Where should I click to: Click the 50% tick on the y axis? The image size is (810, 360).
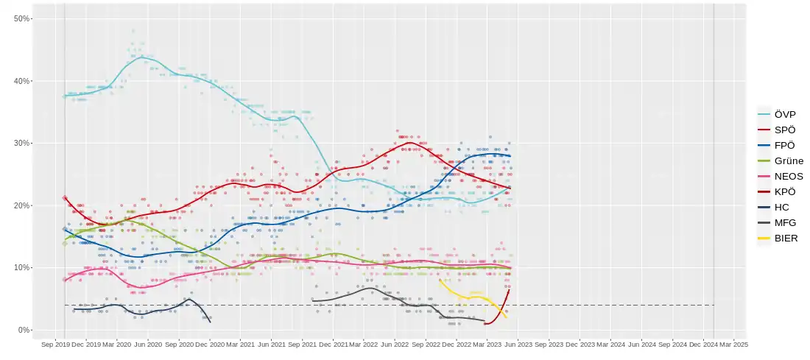point(22,18)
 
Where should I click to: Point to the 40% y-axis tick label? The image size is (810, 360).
point(22,81)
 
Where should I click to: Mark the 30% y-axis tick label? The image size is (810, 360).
point(22,143)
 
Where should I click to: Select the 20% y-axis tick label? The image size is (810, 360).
point(22,205)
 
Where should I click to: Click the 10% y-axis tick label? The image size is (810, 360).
point(22,267)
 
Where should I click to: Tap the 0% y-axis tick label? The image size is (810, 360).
point(24,330)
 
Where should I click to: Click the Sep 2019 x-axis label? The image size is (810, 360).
point(55,344)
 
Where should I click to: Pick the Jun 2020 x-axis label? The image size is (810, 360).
point(148,344)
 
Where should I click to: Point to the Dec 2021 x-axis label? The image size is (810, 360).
point(335,344)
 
